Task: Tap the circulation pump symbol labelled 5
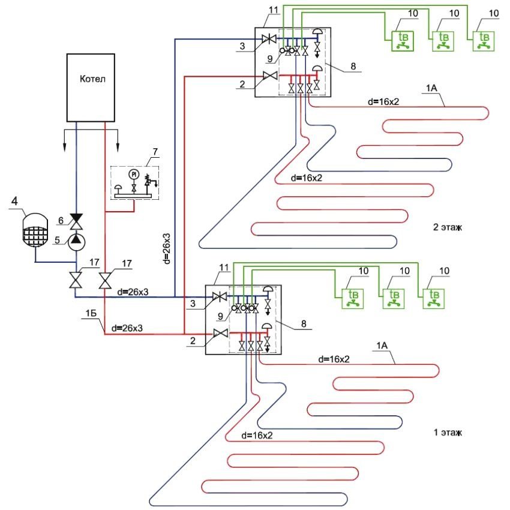(x=76, y=241)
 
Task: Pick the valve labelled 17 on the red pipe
(x=106, y=280)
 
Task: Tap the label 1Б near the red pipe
(x=89, y=311)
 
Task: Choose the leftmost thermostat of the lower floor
(x=347, y=298)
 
